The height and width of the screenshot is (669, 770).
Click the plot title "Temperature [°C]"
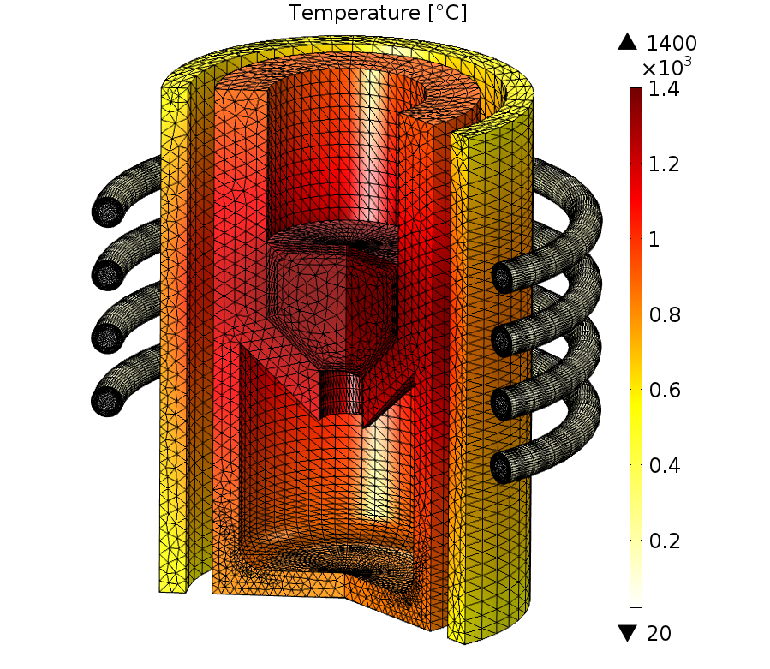tap(377, 13)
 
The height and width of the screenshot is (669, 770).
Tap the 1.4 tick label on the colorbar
tap(664, 89)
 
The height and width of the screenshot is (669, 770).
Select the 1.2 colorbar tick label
tap(664, 164)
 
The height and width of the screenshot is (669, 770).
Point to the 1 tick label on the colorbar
tap(654, 240)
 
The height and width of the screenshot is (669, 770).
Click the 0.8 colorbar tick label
tap(665, 315)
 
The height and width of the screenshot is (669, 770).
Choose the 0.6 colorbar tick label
tap(665, 391)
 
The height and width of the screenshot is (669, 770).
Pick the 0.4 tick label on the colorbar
tap(665, 466)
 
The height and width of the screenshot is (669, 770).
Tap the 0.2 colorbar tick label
tap(665, 541)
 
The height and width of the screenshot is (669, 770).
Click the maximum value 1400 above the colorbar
tap(672, 43)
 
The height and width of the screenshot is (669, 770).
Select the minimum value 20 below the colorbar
tap(659, 634)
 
